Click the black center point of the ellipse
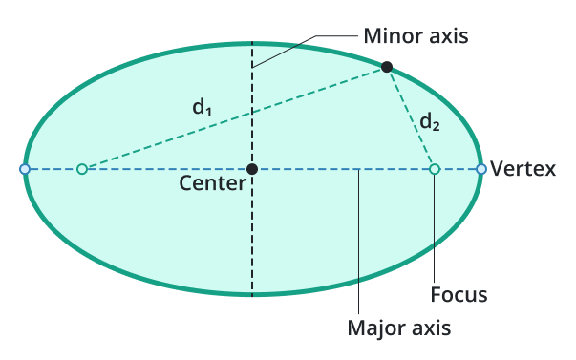click(x=252, y=169)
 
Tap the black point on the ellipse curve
click(x=386, y=67)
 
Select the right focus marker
click(x=434, y=169)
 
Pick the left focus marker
click(x=81, y=169)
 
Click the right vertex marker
click(x=480, y=169)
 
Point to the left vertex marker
click(x=25, y=169)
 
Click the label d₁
click(x=202, y=108)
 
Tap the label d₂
click(x=431, y=121)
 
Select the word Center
click(x=212, y=183)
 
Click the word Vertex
click(x=523, y=169)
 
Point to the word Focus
click(x=459, y=295)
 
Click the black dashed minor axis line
click(x=252, y=239)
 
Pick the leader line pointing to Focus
click(x=434, y=229)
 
